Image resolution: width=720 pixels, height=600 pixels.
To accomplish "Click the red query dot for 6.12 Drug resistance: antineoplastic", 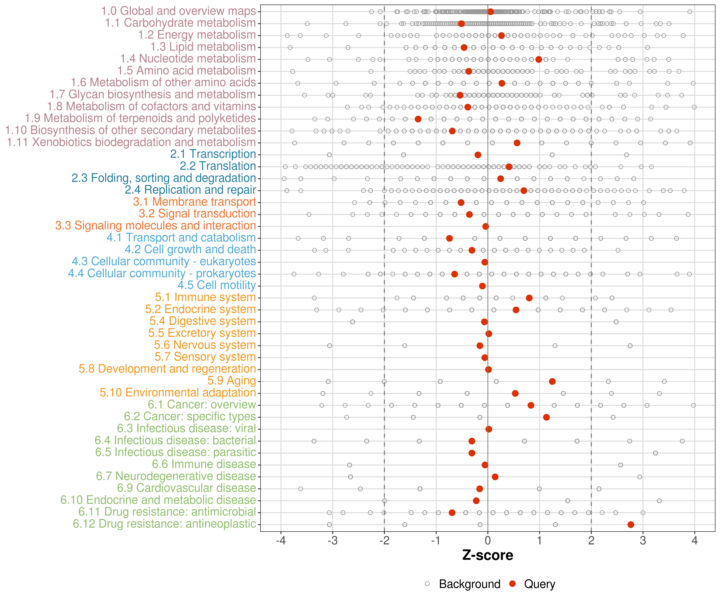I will (631, 525).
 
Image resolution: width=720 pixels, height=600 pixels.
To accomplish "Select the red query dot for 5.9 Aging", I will (552, 382).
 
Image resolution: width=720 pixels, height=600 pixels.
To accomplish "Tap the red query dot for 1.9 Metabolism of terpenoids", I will (418, 119).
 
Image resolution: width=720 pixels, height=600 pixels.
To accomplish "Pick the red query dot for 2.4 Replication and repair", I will (524, 191).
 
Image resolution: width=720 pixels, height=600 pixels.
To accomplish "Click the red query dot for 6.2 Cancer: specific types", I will (547, 417).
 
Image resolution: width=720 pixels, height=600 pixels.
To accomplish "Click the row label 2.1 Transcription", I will (213, 154).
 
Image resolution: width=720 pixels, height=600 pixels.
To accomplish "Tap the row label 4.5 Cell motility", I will (217, 285).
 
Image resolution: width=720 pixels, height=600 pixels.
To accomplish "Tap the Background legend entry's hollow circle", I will (427, 584).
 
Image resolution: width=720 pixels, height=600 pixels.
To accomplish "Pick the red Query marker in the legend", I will (513, 584).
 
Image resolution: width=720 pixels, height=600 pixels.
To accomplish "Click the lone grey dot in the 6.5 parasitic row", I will (656, 453).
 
